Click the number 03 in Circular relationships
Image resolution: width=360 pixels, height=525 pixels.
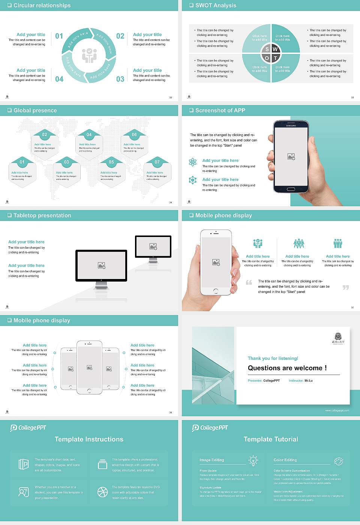pos(120,79)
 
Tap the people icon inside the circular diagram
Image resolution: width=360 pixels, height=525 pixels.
pos(89,55)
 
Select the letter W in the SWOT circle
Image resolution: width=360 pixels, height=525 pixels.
pos(275,49)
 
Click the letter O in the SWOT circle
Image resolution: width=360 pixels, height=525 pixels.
pos(267,58)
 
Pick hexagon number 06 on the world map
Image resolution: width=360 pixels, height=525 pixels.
pos(134,135)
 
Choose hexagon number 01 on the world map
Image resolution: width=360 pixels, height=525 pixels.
pos(22,162)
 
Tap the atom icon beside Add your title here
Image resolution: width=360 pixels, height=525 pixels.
pos(193,162)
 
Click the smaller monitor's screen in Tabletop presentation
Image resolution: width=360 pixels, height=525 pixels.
pos(153,246)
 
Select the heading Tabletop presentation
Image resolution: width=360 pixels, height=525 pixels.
pos(42,216)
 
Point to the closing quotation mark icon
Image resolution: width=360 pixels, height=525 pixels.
pos(346,287)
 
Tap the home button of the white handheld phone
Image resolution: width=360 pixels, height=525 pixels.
pos(216,291)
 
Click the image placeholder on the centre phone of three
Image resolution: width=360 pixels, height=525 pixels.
pos(89,367)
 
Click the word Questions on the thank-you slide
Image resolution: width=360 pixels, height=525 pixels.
pos(265,368)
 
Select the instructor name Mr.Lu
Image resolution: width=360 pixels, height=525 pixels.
pos(308,381)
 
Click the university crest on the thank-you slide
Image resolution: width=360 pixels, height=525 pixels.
pos(338,337)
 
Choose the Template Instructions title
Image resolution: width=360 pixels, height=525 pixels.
pos(89,439)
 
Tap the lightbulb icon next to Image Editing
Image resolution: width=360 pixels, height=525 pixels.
pos(253,460)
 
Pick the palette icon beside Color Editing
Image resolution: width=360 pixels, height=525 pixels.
pos(338,460)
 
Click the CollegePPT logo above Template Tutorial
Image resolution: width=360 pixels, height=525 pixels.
pos(210,428)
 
